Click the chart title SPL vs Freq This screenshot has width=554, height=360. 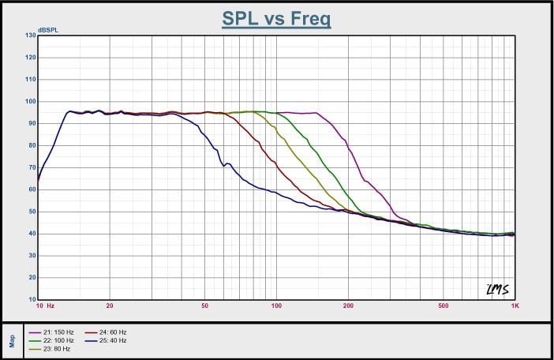click(x=276, y=18)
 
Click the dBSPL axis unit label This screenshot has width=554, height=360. click(x=48, y=30)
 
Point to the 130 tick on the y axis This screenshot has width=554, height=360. click(x=31, y=36)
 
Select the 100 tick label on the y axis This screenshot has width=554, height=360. click(x=31, y=101)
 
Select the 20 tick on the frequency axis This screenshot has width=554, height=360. click(x=110, y=306)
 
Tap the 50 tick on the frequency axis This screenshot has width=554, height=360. click(x=204, y=306)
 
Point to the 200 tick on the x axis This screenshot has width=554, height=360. click(x=348, y=306)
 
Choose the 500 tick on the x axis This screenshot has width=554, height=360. click(x=443, y=306)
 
